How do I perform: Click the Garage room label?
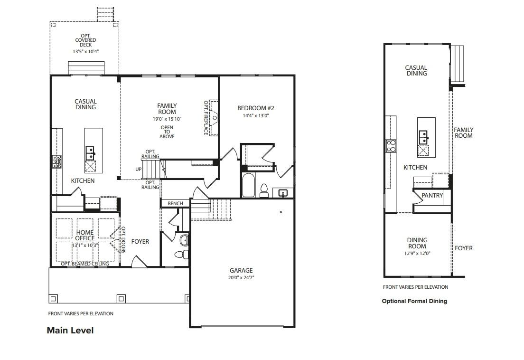point(241,270)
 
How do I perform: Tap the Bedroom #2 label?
point(256,108)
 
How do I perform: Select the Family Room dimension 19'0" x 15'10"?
point(167,119)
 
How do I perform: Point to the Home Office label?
point(85,235)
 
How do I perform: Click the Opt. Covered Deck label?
point(85,40)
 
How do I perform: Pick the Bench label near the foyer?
point(176,203)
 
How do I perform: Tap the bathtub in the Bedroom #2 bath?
point(248,185)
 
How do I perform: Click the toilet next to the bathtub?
point(264,190)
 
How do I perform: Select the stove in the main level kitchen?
point(57,161)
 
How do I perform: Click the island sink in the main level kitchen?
point(90,153)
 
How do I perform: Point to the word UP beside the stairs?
point(138,170)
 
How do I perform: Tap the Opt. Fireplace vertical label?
point(206,118)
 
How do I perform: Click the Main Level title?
point(70,330)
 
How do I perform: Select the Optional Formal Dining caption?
point(414,301)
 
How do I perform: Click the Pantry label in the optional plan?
point(432,196)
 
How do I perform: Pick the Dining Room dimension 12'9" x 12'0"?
point(417,253)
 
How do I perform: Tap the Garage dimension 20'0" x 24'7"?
point(241,277)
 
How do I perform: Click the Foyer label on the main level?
point(140,241)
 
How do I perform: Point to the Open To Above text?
point(167,132)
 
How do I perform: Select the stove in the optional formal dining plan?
point(391,146)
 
